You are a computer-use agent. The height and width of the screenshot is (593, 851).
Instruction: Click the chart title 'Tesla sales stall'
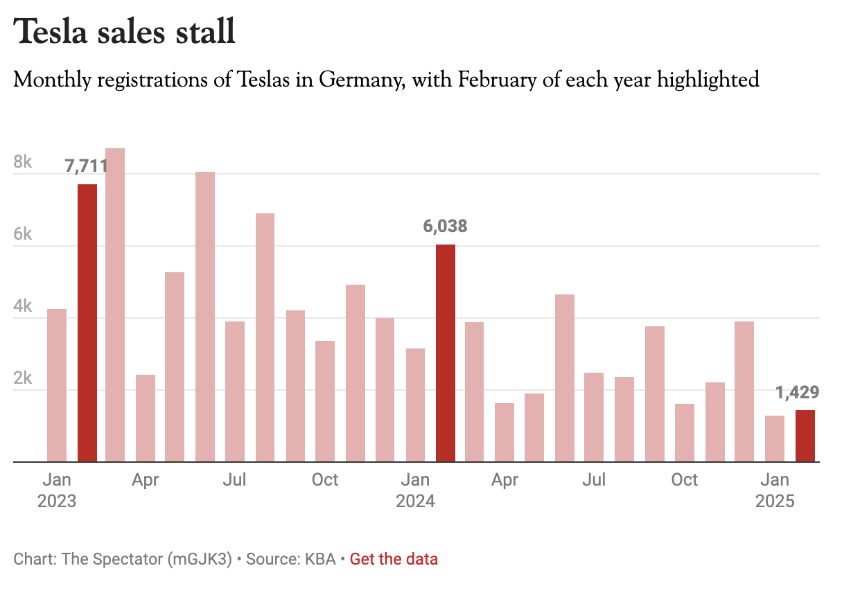pos(125,32)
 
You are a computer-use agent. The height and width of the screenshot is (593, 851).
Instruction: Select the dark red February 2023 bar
pos(87,322)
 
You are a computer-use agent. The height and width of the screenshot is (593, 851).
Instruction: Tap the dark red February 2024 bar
pos(446,353)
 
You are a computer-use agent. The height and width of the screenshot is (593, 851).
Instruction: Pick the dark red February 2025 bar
pos(805,436)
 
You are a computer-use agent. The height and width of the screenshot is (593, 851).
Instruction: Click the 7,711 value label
pos(86,166)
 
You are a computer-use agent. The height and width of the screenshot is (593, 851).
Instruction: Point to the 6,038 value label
pos(445,227)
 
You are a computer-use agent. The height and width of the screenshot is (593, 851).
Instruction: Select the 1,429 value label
pos(797,393)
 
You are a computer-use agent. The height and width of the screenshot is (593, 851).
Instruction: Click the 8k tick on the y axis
pos(23,163)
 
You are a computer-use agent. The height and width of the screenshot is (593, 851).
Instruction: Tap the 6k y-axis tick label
pos(23,235)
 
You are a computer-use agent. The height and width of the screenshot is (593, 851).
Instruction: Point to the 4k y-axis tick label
pos(23,307)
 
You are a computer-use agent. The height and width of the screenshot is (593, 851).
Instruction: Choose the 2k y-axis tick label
pos(23,379)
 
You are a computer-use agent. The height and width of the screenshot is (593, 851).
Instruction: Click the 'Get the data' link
pos(394,559)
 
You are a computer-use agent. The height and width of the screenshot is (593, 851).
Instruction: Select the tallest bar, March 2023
pos(115,305)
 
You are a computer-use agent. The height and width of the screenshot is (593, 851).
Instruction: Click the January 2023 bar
pos(57,384)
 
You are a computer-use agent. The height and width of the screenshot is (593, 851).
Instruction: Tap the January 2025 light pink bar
pos(774,439)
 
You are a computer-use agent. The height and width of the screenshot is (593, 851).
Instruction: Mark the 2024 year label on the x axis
pos(415,501)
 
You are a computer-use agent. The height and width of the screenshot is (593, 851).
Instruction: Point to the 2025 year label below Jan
pos(775,501)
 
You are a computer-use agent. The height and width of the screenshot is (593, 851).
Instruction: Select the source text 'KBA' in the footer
pos(322,559)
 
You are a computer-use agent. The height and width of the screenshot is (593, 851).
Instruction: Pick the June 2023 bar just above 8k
pos(205,317)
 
